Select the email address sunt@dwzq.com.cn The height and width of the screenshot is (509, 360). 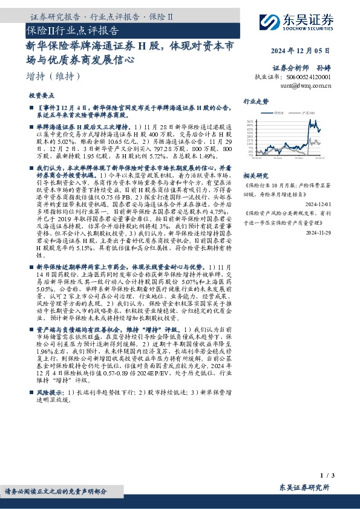pos(306,86)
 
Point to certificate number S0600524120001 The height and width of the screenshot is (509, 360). pos(310,77)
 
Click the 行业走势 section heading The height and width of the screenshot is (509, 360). pos(255,102)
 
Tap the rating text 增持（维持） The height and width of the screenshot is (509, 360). pos(54,76)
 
